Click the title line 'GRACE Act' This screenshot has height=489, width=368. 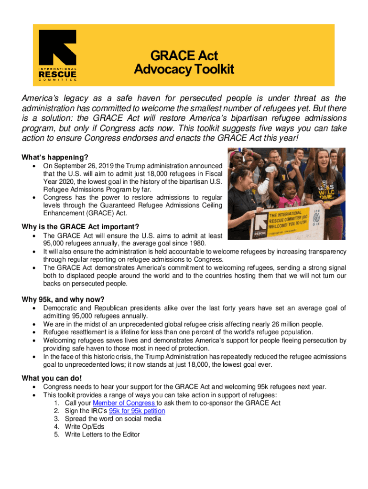click(184, 55)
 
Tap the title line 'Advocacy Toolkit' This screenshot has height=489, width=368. click(184, 70)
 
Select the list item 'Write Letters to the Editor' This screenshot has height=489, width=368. click(102, 435)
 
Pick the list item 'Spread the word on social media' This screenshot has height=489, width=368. click(113, 419)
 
